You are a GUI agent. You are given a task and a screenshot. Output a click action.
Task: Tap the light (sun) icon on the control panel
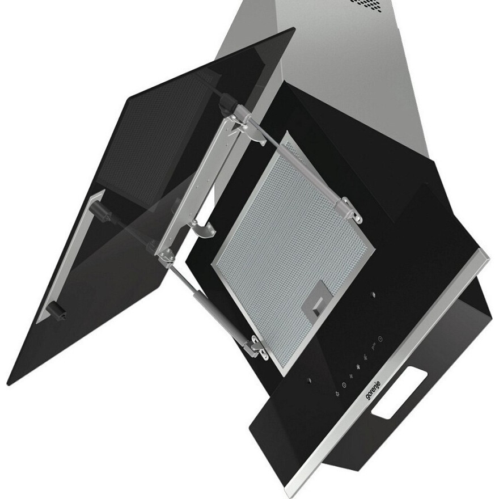click(337, 394)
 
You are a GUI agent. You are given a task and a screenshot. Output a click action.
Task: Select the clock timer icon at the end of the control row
click(380, 339)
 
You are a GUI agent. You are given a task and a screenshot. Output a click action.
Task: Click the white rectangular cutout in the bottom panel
click(399, 392)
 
